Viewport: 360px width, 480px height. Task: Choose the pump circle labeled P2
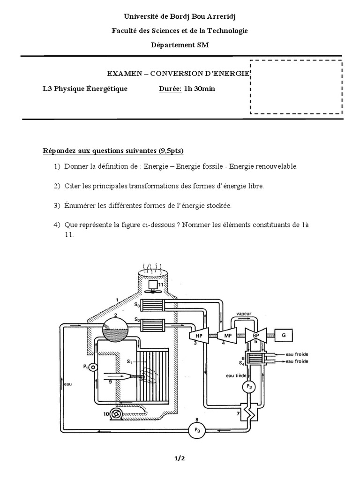click(x=249, y=387)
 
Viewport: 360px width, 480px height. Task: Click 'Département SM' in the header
click(x=180, y=45)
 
